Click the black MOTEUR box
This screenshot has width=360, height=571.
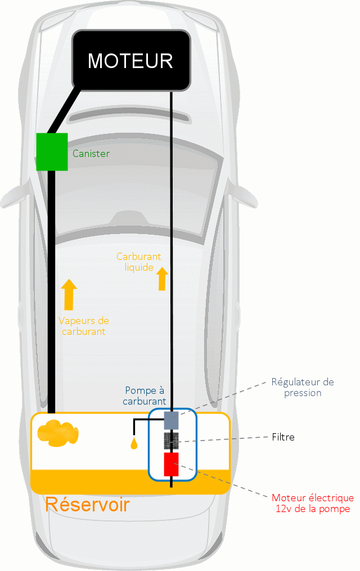pos(130,60)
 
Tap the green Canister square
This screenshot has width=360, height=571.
pos(52,151)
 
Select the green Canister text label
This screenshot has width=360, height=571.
pos(91,153)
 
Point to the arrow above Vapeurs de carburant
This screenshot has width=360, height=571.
pos(69,294)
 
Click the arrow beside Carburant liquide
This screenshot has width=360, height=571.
pos(163,278)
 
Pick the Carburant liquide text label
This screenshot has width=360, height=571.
pos(138,262)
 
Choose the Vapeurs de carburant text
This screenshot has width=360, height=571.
pos(83,326)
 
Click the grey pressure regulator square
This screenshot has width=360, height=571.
pos(171,420)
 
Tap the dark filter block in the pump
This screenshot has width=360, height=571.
pos(171,440)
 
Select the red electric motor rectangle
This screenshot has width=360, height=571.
pos(171,465)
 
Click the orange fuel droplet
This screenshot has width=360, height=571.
pos(134,443)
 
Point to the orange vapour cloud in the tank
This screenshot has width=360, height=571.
pos(57,434)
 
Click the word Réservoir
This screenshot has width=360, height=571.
pos(87,504)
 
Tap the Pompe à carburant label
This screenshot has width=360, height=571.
pos(145,395)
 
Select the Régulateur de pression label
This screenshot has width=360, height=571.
pos(303,388)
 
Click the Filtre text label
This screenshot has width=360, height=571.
pos(283,437)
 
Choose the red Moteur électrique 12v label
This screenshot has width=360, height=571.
pos(313,503)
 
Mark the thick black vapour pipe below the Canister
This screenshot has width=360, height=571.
pos(51,293)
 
